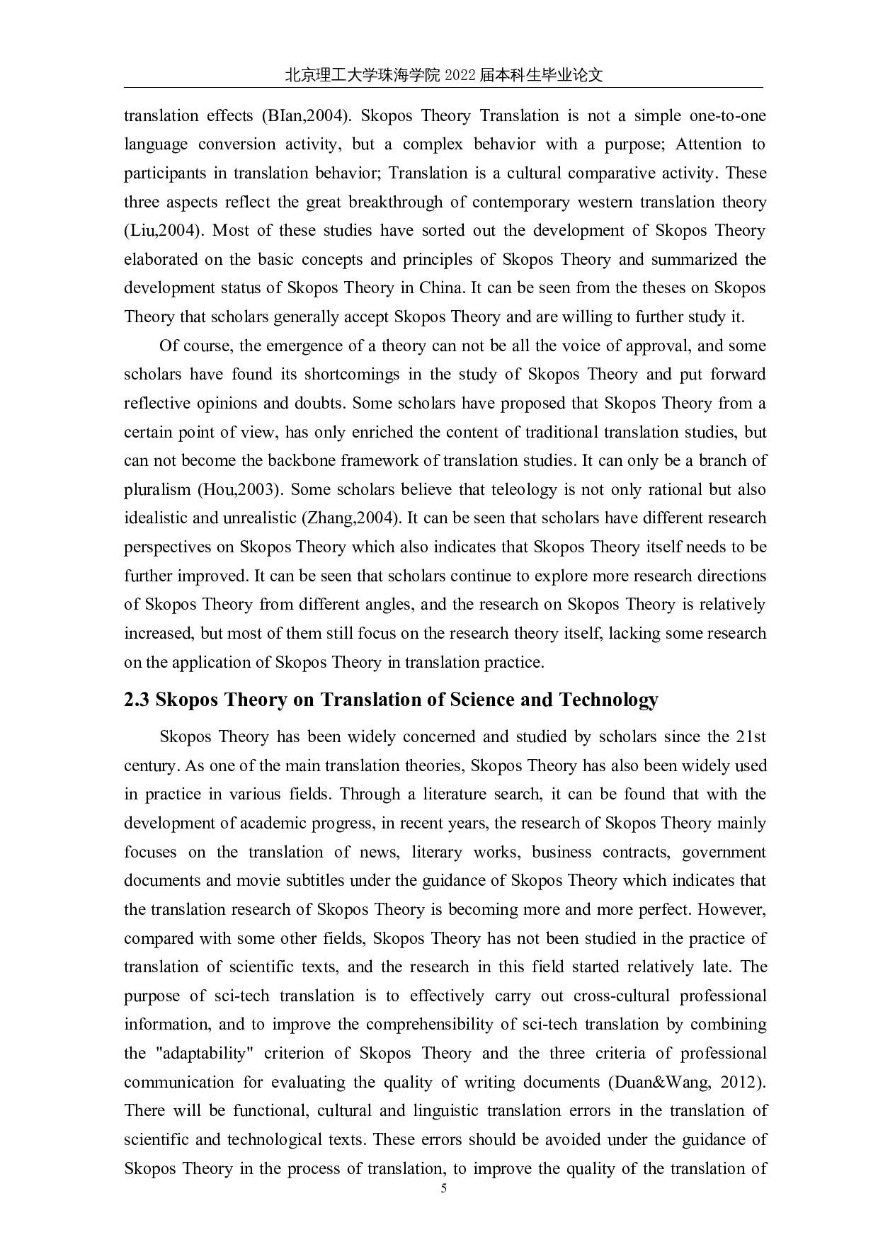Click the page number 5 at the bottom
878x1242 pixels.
[x=444, y=1189]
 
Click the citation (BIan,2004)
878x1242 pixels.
[x=307, y=116]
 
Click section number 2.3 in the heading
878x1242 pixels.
[x=137, y=700]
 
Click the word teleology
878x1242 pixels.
[x=517, y=490]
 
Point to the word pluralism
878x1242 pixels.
[x=157, y=490]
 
